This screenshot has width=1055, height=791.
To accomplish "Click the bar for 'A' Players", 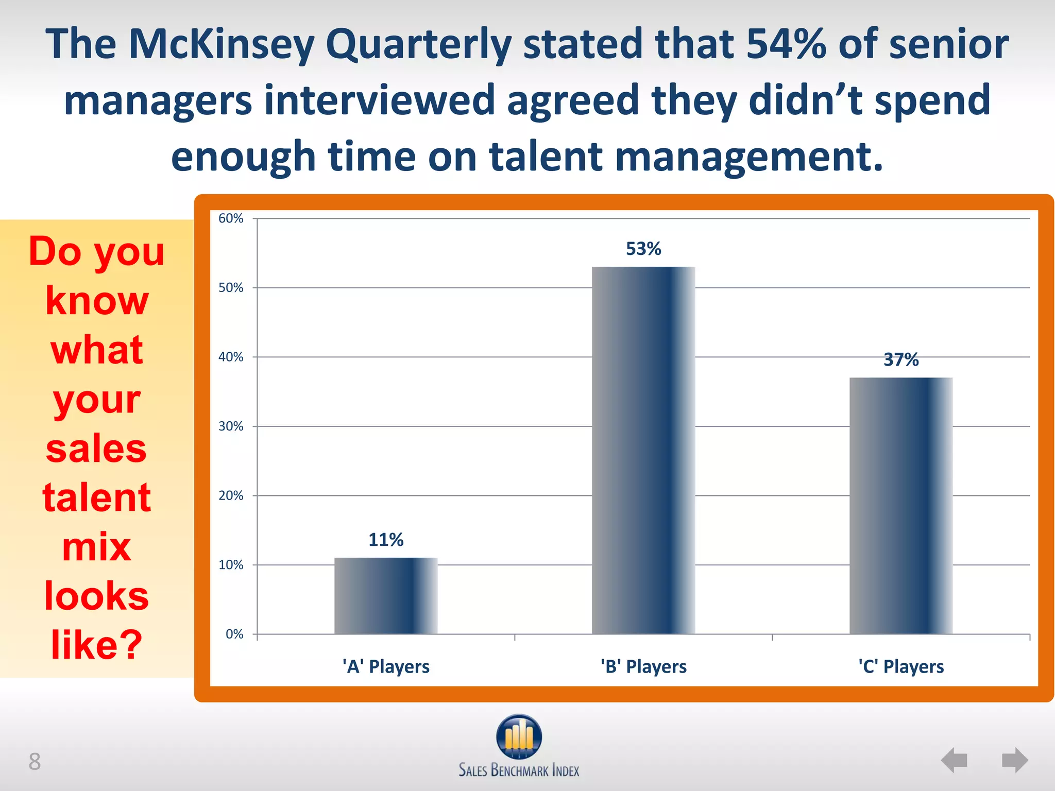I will pos(386,596).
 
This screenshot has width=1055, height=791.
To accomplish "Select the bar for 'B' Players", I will pos(643,450).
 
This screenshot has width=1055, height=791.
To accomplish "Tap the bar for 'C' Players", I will pos(901,506).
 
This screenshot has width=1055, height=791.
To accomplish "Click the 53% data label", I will pos(643,249).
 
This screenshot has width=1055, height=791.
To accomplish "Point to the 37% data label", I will pos(901,359).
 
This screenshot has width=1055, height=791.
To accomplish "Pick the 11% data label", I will pos(386,540).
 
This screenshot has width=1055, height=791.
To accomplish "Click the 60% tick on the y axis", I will pos(231,218).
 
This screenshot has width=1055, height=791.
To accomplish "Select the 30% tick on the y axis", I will pos(231,426).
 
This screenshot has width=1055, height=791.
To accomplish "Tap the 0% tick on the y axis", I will pos(234,634).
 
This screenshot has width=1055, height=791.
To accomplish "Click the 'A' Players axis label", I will pos(386,666).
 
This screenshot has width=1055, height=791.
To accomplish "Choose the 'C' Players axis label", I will pos(901,666).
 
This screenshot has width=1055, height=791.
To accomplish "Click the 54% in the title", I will pos(786,44).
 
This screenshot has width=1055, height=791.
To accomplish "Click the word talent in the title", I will pos(546,157).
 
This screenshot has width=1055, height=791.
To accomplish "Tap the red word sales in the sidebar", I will pos(96,448).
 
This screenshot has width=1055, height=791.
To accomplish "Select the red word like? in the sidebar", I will pos(96,645).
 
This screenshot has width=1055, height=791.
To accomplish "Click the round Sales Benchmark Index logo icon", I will pos(519,736).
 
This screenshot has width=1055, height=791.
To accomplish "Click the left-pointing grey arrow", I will pos(954,760).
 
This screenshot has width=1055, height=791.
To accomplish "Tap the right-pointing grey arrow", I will pos(1015,760).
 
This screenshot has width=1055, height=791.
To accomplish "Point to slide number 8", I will pos(35,762).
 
